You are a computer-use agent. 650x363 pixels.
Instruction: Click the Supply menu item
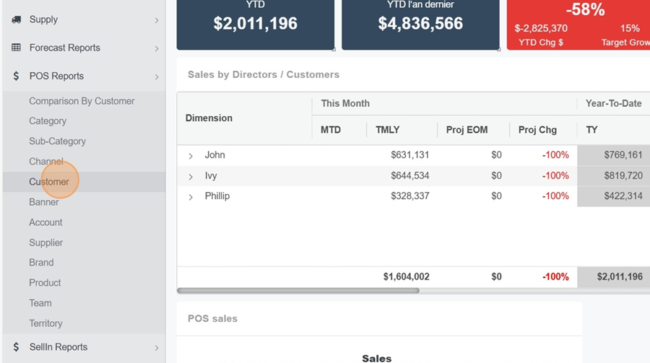(43, 19)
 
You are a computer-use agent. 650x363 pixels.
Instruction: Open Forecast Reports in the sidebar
(64, 48)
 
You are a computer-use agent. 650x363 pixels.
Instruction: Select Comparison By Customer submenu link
(82, 101)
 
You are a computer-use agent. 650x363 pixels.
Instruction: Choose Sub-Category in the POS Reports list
(57, 141)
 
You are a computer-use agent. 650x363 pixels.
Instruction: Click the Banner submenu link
(44, 202)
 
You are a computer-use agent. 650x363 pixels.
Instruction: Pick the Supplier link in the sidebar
(45, 242)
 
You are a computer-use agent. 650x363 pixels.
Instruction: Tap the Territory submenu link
(45, 323)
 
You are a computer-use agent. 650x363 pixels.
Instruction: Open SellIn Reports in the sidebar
(58, 347)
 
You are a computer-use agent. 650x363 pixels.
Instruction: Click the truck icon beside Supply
(16, 19)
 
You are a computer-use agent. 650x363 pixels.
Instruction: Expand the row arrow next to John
(191, 156)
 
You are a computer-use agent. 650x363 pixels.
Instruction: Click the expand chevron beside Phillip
(191, 197)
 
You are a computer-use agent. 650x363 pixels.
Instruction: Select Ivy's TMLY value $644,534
(409, 175)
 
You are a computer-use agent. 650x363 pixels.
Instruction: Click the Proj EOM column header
(467, 130)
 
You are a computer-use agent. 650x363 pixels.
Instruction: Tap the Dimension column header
(209, 118)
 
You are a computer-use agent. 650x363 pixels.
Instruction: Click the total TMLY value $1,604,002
(406, 276)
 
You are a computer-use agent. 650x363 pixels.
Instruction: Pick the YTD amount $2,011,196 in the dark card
(255, 23)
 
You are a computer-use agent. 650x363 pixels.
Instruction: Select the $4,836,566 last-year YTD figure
(420, 23)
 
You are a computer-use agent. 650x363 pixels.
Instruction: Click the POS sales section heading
(212, 318)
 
